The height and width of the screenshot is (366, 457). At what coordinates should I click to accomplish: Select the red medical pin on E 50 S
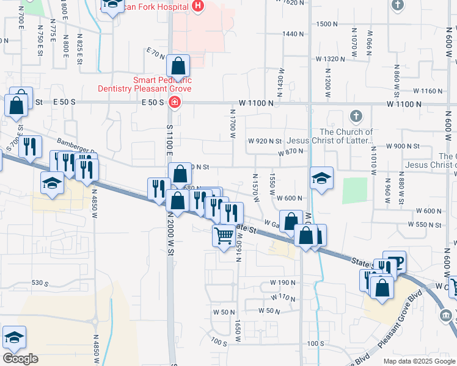(175, 101)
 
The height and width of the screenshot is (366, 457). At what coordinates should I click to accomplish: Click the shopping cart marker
(224, 235)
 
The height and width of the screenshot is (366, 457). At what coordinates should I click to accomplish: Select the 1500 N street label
(327, 24)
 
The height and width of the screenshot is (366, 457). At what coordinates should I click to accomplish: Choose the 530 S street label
(40, 283)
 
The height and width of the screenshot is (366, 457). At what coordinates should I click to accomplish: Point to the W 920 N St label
(265, 142)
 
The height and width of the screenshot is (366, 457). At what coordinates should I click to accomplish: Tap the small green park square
(354, 191)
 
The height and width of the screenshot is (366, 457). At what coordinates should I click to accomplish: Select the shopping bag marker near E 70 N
(178, 66)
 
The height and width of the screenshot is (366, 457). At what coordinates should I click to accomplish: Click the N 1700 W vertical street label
(233, 124)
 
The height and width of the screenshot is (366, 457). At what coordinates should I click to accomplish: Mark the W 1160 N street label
(428, 91)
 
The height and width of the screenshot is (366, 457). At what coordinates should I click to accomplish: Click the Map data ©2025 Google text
(419, 361)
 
